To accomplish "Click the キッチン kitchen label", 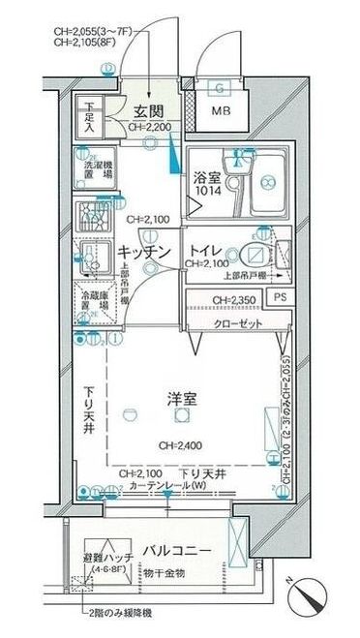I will coord(144,253).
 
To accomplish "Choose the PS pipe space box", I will coord(280,298).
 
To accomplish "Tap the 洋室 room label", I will coord(180,397).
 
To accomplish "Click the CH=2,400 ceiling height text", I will coord(179,445).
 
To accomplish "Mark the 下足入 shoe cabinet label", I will coord(89,117).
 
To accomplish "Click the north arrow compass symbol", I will coord(310,590).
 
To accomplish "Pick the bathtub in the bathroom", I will coord(267,183).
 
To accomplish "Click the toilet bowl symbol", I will coord(253,255).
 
